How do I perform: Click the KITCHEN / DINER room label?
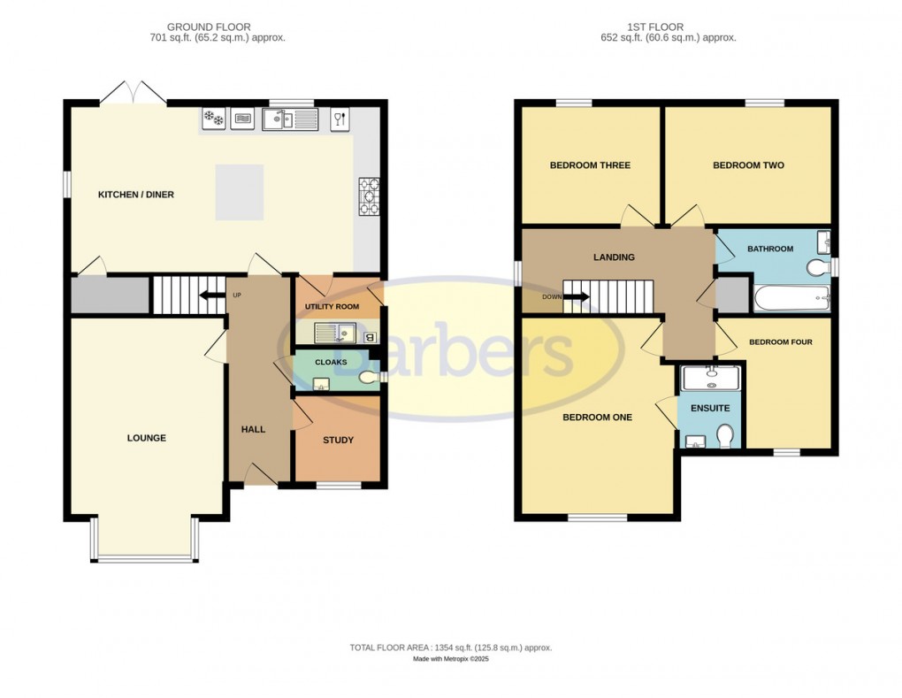click(x=135, y=195)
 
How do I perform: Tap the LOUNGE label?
click(x=146, y=438)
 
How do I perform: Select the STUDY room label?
click(x=338, y=440)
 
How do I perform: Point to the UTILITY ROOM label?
click(x=332, y=306)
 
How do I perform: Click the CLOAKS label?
click(x=331, y=362)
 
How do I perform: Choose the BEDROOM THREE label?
click(x=590, y=165)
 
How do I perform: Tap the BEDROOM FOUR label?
click(x=780, y=342)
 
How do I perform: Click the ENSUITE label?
click(x=710, y=408)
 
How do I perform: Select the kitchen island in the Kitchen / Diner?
click(x=239, y=192)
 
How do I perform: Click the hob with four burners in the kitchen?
click(x=368, y=196)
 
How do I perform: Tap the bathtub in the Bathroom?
click(x=791, y=298)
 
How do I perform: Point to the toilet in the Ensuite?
click(x=725, y=436)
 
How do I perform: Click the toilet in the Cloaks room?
click(x=369, y=379)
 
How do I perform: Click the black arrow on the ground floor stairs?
click(x=211, y=295)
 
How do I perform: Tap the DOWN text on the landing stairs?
click(x=552, y=297)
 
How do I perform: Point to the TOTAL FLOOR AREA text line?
click(x=450, y=648)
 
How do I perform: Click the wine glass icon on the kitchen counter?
click(x=340, y=119)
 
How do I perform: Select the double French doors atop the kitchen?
click(x=132, y=91)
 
